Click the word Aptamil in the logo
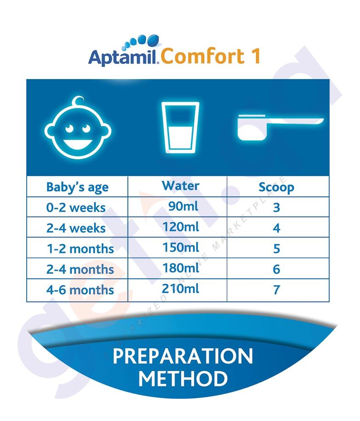pos(122,57)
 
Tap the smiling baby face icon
pos(78,127)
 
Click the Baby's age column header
pos(78,187)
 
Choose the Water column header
pos(180,186)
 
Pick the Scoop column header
pos(277,187)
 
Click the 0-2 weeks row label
pos(76,208)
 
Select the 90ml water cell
pos(183,206)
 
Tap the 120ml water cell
pos(181,227)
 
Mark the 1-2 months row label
pos(80,249)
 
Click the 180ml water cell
pos(181,268)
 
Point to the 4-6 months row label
pos(80,290)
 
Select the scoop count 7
pos(277,290)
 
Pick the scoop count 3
pos(277,208)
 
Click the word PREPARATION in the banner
pos(183,356)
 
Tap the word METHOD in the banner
pos(183,379)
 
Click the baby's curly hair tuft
pos(78,102)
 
